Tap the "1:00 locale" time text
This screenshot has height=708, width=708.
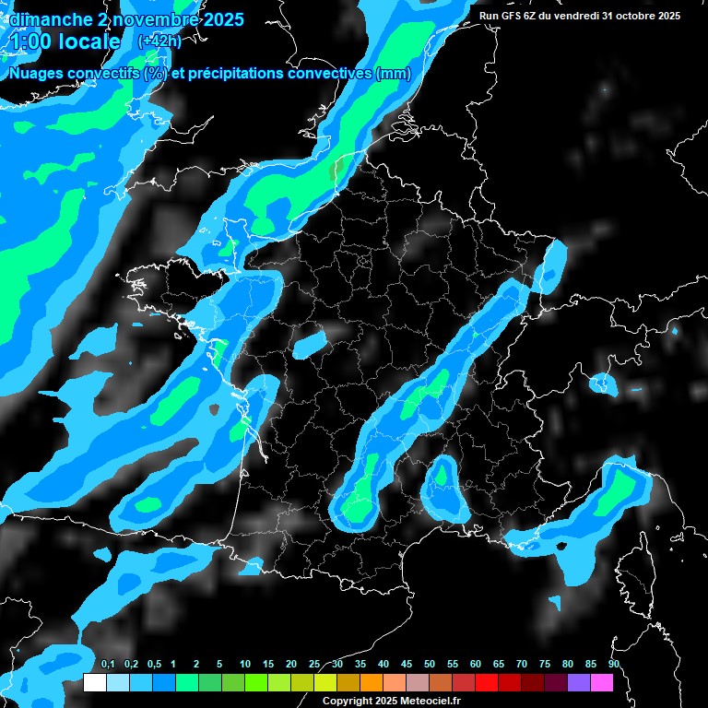[64, 41]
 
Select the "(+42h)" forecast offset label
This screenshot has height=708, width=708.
[158, 41]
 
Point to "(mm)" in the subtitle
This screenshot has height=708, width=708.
[393, 74]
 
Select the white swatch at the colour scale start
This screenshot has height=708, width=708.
[94, 682]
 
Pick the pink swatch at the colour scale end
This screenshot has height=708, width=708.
[601, 682]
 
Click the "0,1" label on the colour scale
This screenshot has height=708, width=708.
[108, 665]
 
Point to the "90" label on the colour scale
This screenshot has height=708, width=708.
[614, 665]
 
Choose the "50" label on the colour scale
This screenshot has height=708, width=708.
[430, 665]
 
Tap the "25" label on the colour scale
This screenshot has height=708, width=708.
[314, 665]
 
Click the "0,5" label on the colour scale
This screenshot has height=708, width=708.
[154, 665]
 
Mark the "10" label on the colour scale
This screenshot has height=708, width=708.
[245, 665]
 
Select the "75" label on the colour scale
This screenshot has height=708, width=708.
[545, 665]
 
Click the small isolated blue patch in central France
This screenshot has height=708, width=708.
[310, 343]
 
